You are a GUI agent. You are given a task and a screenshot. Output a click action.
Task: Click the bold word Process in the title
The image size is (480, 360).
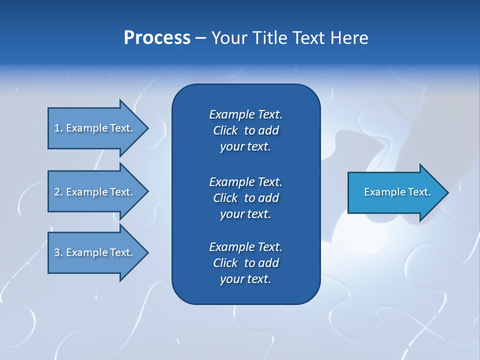click(x=157, y=38)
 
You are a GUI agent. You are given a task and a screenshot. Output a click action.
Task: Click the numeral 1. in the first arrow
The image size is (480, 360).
click(x=58, y=128)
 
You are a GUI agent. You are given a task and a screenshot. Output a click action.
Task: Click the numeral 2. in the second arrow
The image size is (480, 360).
click(x=58, y=192)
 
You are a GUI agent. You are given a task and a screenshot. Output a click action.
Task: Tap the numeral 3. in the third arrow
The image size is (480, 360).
click(x=58, y=252)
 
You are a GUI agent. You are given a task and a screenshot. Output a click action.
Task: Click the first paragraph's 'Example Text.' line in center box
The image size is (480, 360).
click(x=245, y=114)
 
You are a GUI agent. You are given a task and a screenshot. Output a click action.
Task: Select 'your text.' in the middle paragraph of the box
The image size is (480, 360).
click(x=245, y=214)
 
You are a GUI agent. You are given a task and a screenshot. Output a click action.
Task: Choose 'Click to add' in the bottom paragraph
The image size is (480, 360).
click(x=245, y=263)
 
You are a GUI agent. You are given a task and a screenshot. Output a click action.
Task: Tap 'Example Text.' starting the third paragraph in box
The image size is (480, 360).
click(x=245, y=247)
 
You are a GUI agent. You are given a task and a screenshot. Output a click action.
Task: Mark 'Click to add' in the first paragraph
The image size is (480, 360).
click(x=245, y=130)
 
